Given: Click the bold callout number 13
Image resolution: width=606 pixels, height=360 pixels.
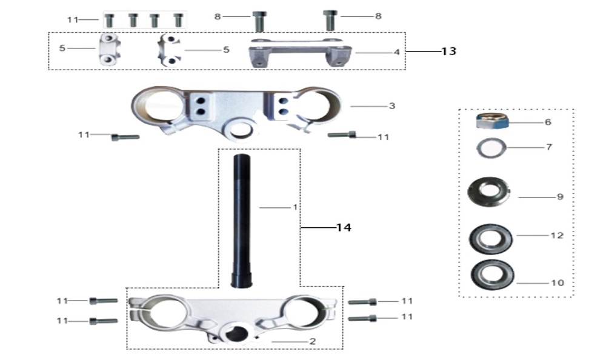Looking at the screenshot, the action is (x=448, y=51).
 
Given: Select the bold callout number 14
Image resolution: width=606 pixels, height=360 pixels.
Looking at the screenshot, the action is (x=344, y=227).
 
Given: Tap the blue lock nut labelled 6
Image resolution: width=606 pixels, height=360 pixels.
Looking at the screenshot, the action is (x=491, y=121).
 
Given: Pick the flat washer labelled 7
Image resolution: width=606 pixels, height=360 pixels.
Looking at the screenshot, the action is (x=491, y=148).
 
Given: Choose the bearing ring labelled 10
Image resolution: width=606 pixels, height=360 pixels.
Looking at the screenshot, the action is (x=492, y=274).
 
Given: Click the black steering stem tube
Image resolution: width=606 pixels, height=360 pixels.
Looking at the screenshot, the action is (x=242, y=221).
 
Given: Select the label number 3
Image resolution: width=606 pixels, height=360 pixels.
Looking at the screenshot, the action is (x=392, y=106).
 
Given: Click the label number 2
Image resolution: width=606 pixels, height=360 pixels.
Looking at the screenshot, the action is (x=312, y=341).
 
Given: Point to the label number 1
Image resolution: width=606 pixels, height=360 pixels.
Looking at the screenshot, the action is (x=295, y=207).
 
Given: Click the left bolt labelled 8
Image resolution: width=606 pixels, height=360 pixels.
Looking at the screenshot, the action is (x=259, y=21).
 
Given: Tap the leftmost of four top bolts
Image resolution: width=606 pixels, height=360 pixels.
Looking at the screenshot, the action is (x=110, y=20).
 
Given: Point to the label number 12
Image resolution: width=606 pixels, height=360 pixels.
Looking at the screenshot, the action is (x=557, y=235).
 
